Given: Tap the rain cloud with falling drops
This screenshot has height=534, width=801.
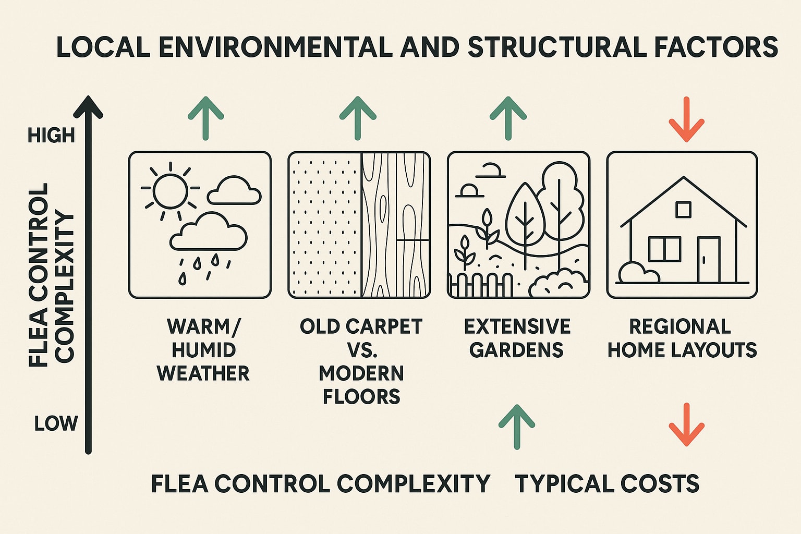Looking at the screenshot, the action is (x=208, y=235).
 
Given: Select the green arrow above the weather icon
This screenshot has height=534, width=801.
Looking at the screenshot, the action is (x=205, y=118).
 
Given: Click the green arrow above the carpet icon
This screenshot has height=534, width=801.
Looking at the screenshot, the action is (x=358, y=118).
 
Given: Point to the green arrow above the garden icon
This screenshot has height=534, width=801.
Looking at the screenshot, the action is (x=508, y=118).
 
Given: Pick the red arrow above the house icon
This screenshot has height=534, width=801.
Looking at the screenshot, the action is (x=686, y=119).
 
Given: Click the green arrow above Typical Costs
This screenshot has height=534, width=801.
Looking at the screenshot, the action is (x=517, y=427).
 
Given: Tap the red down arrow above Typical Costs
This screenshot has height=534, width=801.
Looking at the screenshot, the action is (x=686, y=424).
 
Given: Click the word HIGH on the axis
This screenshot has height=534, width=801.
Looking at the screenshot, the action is (x=51, y=136).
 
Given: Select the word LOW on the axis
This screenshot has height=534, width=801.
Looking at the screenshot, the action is (x=56, y=423).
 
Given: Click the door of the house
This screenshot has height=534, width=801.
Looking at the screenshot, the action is (x=709, y=259).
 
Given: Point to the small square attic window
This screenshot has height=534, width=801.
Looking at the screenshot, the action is (x=683, y=210).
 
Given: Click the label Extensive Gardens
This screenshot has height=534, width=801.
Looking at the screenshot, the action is (x=517, y=338).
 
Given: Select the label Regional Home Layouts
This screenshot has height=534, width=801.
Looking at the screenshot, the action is (x=682, y=338).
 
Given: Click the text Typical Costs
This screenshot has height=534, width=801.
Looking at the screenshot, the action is (x=607, y=483).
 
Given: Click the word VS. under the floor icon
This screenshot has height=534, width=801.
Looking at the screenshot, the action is (x=362, y=350).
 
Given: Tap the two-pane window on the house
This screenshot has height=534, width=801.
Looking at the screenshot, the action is (x=664, y=249).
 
